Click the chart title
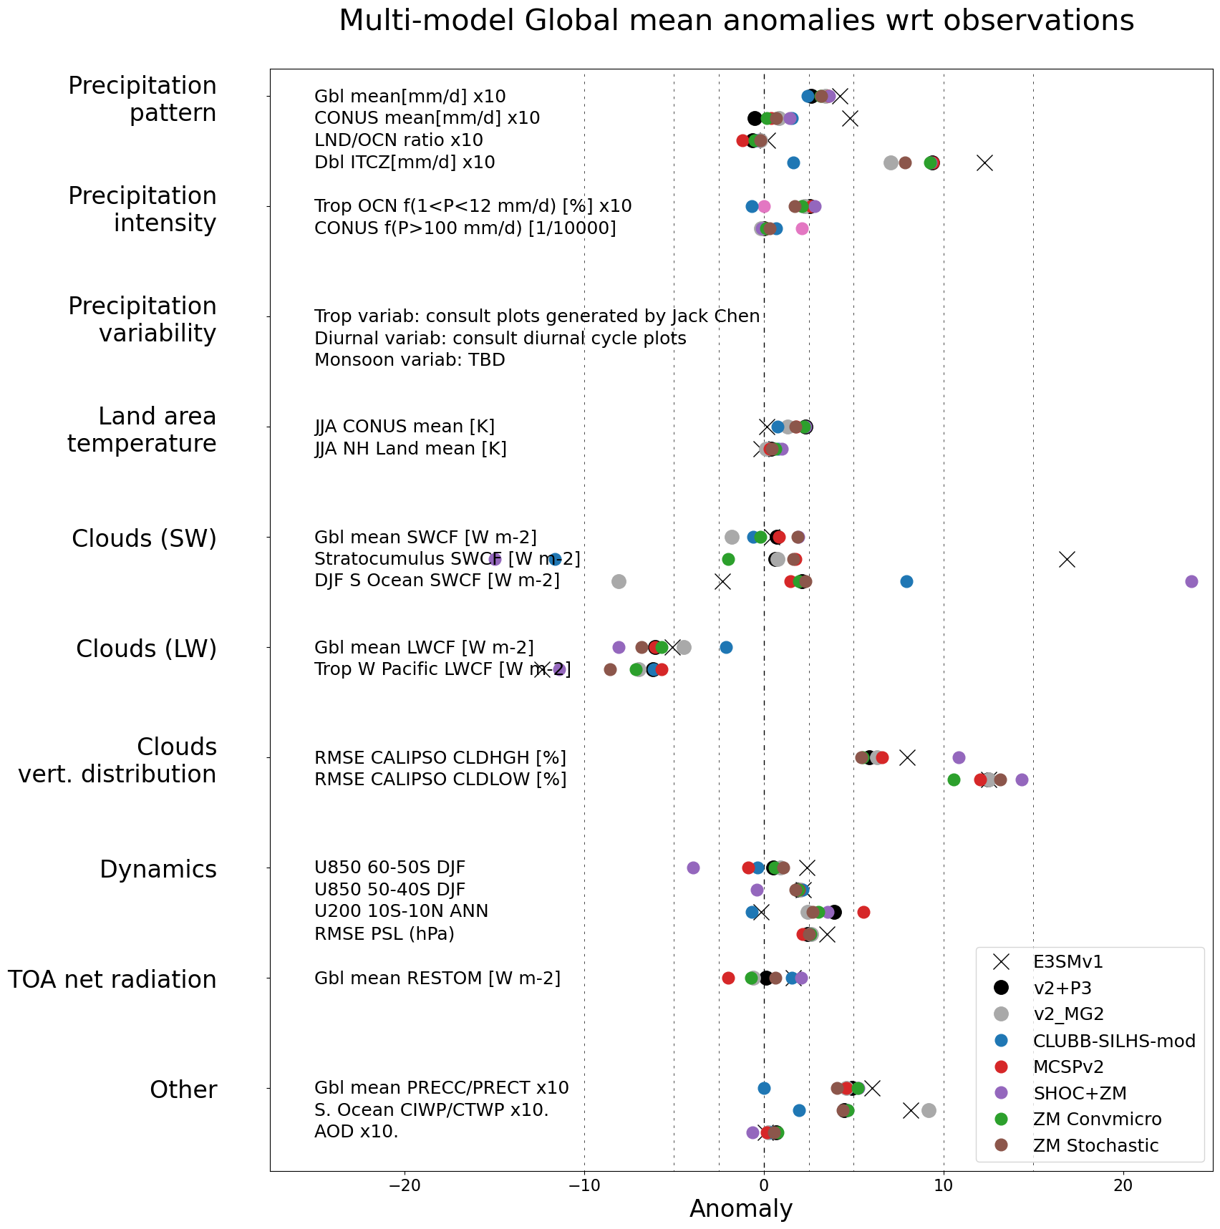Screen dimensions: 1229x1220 [736, 21]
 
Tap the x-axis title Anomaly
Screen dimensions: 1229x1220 [741, 1209]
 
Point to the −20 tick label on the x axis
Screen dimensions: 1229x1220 [405, 1185]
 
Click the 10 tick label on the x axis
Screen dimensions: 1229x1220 [944, 1185]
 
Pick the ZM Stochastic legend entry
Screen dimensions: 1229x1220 [1095, 1146]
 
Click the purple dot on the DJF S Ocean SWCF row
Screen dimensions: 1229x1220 [1191, 581]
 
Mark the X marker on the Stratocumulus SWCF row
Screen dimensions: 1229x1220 [1067, 560]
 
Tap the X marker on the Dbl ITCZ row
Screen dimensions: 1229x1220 [984, 163]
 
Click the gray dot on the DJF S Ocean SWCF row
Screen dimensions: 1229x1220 [619, 581]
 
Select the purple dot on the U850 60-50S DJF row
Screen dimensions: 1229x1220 [693, 868]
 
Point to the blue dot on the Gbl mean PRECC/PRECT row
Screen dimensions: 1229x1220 [764, 1088]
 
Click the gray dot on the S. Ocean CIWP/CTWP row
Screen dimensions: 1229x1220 [929, 1110]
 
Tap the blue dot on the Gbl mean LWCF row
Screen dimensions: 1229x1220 [726, 648]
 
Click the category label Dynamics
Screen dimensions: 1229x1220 [158, 869]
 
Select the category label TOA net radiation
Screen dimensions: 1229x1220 [112, 979]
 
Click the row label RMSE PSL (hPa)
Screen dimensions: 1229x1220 [384, 933]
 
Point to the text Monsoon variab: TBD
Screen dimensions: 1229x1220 [410, 360]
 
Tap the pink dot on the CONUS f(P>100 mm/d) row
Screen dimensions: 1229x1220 [802, 229]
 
